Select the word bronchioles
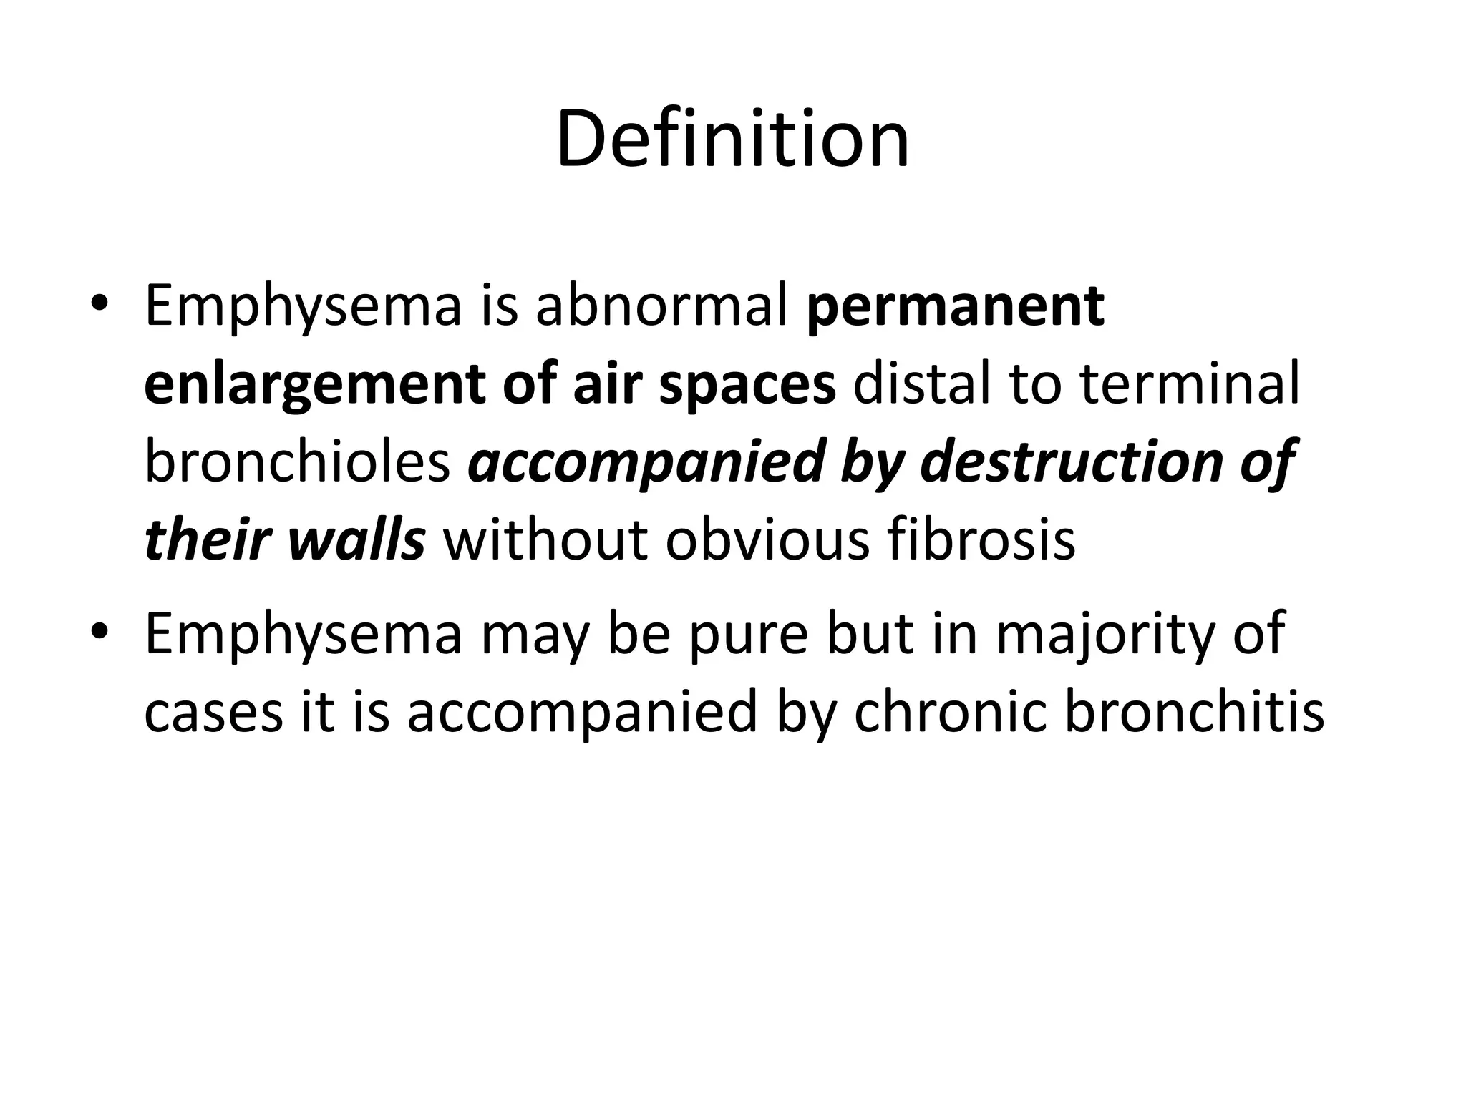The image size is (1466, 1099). tap(297, 461)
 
